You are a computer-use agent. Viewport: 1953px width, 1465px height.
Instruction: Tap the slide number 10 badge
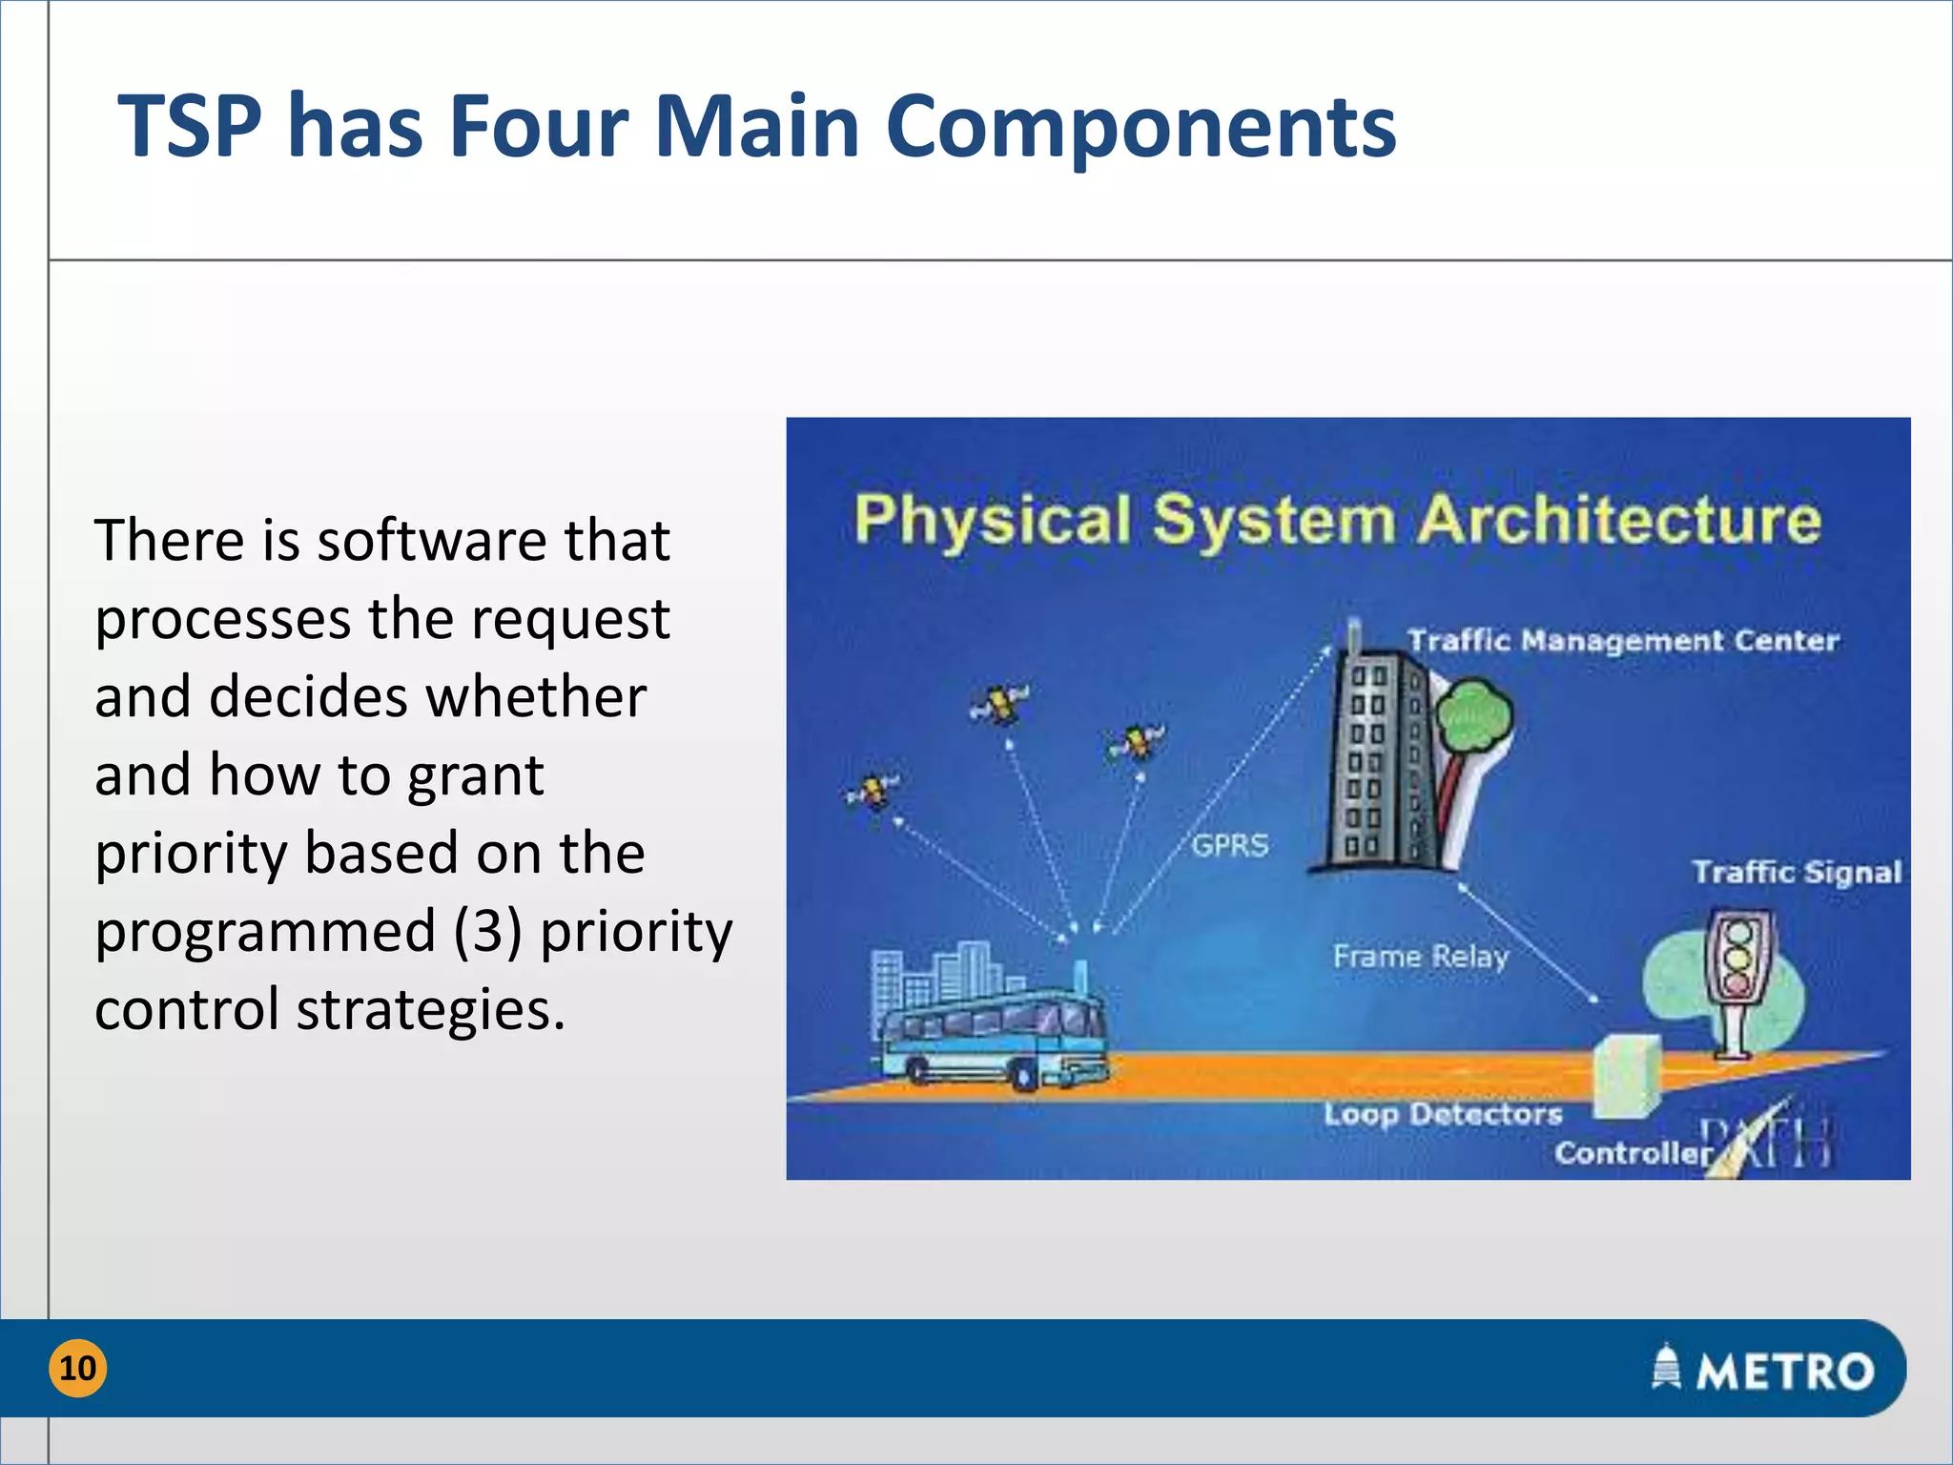click(x=77, y=1368)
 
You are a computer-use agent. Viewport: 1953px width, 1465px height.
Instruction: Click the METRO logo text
click(x=1783, y=1372)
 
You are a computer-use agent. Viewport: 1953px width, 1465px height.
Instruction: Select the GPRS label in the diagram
click(x=1230, y=845)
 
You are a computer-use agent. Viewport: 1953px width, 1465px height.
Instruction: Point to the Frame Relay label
click(x=1420, y=956)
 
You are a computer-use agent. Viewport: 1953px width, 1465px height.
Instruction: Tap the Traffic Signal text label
click(x=1797, y=872)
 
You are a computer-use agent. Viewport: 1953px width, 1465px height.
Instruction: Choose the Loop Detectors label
click(x=1443, y=1113)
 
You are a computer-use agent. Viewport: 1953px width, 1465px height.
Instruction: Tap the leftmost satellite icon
click(x=873, y=791)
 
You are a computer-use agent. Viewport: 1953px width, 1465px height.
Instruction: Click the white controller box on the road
click(x=1627, y=1076)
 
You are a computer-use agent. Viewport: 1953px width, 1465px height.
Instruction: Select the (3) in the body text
click(x=487, y=931)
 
